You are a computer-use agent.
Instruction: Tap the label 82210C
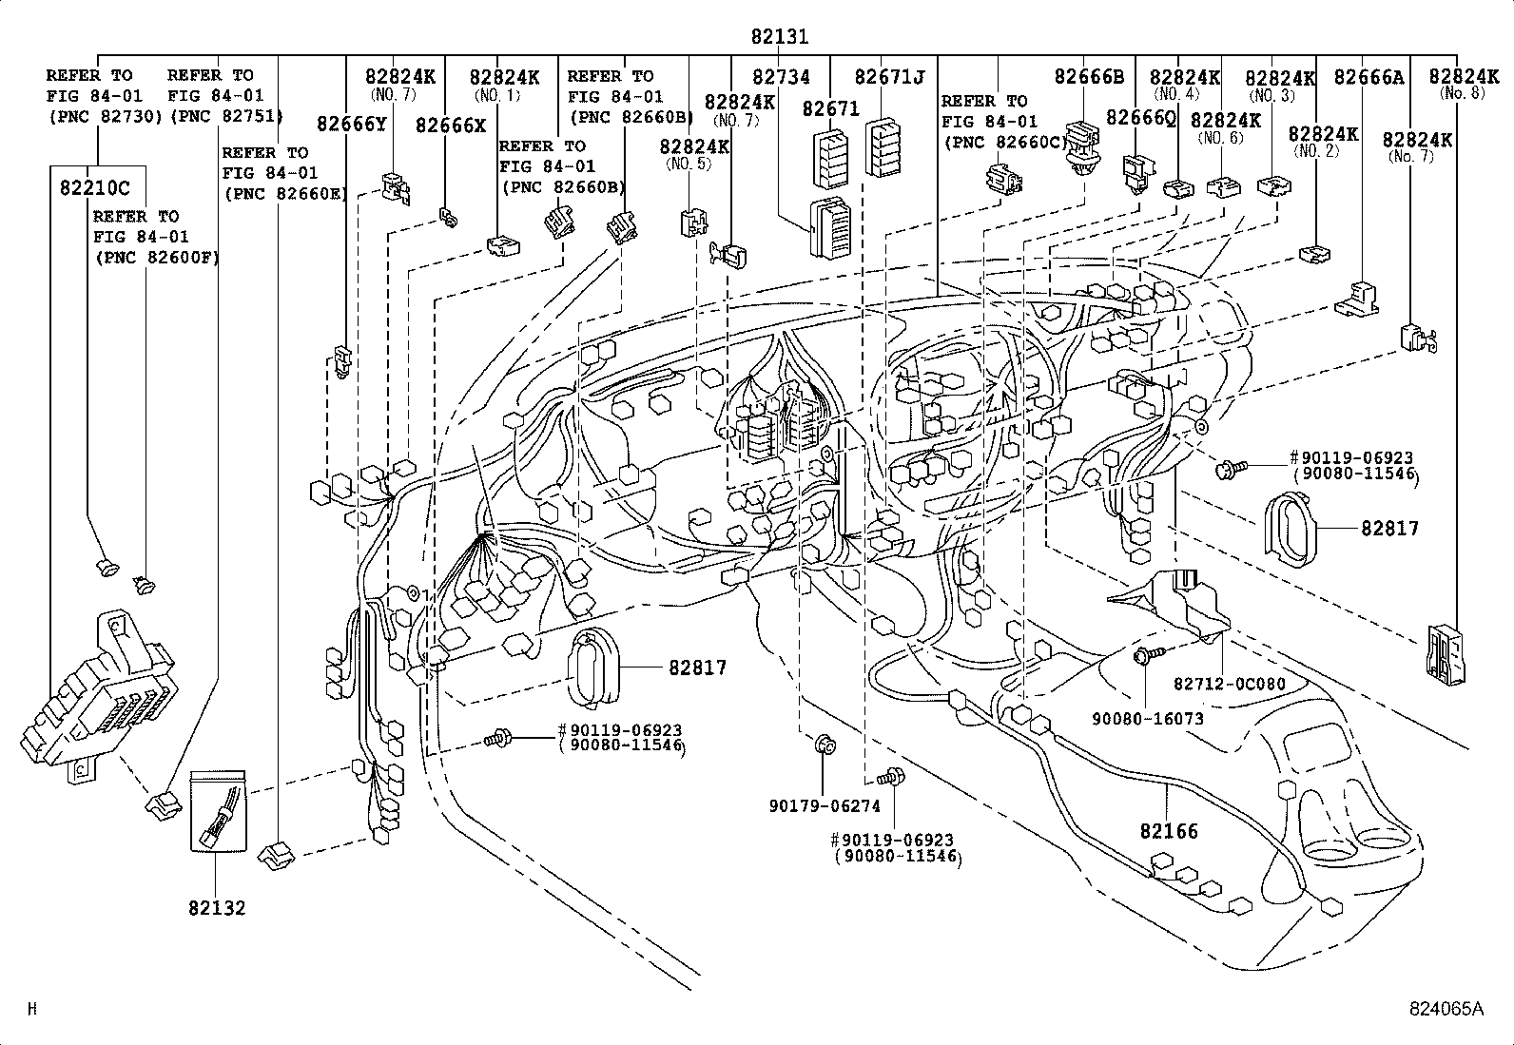click(88, 186)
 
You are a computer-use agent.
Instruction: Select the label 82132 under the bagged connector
click(216, 907)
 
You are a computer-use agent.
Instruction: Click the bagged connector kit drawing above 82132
click(219, 812)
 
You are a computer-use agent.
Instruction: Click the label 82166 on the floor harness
click(1169, 831)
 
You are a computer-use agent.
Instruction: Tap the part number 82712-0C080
click(1229, 685)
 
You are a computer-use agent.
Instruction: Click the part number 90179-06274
click(825, 806)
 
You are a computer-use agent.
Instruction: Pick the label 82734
click(782, 78)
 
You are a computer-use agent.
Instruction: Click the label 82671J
click(889, 78)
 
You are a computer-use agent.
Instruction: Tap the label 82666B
click(1089, 78)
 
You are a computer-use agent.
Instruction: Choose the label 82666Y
click(351, 124)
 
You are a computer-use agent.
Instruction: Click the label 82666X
click(451, 124)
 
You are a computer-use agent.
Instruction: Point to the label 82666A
click(1368, 78)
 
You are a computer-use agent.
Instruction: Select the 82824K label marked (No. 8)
click(1464, 78)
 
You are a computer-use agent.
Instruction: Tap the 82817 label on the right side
click(1389, 528)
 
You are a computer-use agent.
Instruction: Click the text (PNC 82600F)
click(155, 257)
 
